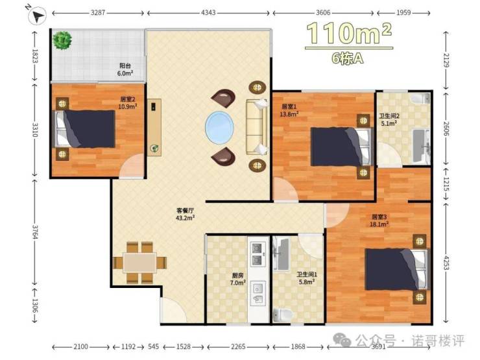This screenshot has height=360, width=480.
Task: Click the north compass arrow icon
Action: [37, 16]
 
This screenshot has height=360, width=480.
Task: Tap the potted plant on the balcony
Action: [62, 40]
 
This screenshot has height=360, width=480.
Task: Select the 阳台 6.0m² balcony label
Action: [125, 69]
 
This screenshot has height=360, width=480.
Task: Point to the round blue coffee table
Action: [219, 127]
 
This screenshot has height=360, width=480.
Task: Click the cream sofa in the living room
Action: [256, 126]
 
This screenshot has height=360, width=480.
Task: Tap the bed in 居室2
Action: [85, 129]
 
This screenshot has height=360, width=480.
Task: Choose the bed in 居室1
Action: [341, 147]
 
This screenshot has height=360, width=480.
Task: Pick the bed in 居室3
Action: [397, 269]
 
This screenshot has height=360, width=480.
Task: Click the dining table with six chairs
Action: [140, 263]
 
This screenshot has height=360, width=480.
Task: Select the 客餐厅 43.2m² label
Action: [186, 214]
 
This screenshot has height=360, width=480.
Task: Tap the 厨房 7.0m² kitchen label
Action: [237, 279]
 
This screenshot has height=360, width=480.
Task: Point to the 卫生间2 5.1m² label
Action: [389, 119]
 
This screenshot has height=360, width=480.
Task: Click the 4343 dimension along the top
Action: [208, 13]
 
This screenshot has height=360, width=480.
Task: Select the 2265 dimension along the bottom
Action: [238, 346]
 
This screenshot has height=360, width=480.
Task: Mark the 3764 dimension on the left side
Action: [36, 233]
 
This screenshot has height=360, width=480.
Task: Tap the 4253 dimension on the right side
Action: [446, 263]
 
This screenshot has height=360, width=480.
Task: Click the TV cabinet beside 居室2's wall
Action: [154, 127]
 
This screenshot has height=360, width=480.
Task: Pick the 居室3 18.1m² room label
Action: [379, 221]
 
